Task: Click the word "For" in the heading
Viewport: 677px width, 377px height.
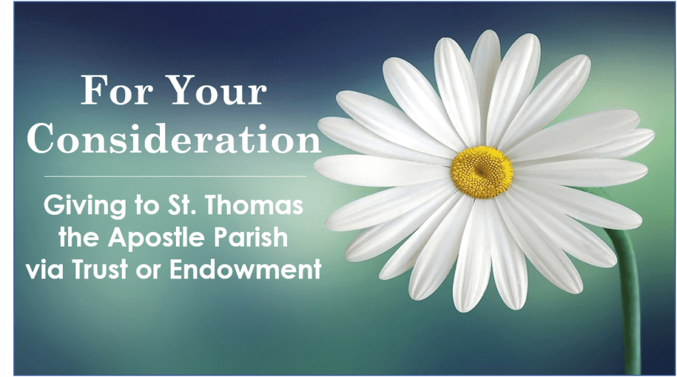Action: [x=116, y=90]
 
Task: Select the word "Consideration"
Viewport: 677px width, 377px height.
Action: [x=174, y=138]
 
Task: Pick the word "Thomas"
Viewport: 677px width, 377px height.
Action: [x=253, y=205]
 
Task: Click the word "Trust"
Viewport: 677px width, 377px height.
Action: [x=101, y=269]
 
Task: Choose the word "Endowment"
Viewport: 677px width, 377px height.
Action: [x=245, y=269]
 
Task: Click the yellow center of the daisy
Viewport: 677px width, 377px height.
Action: [x=482, y=172]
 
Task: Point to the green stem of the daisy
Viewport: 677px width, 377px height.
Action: [x=628, y=298]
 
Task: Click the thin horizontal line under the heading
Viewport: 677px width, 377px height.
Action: [x=175, y=176]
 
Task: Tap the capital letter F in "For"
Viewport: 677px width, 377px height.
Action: [x=94, y=90]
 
